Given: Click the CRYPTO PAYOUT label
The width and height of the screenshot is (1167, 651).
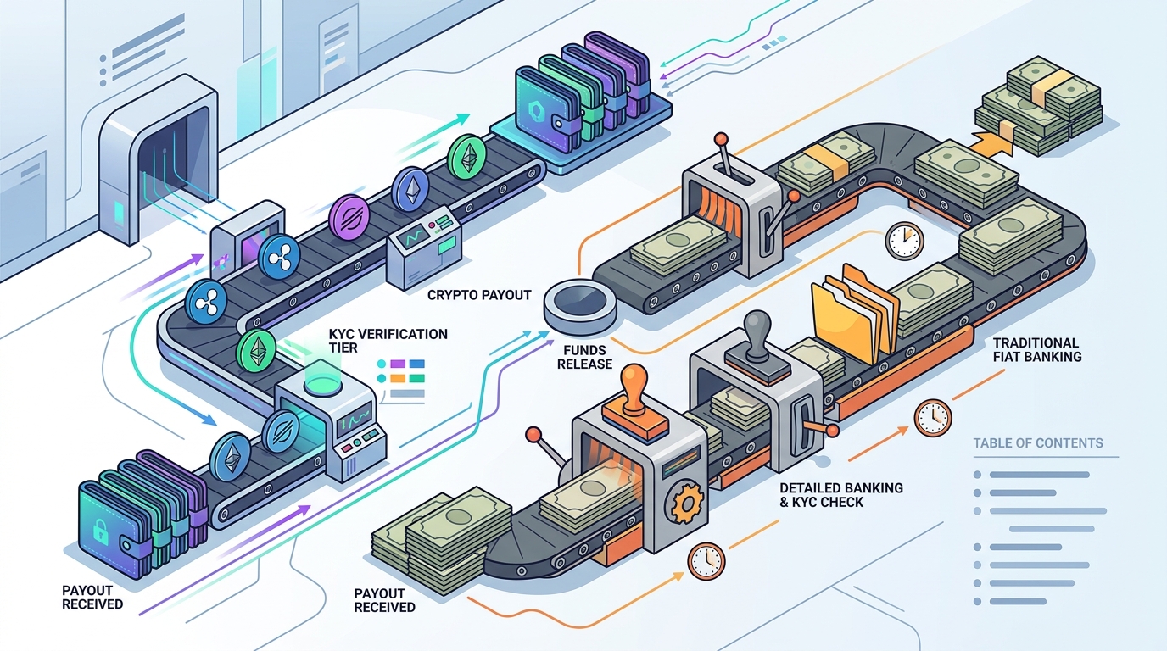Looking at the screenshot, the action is click(479, 295).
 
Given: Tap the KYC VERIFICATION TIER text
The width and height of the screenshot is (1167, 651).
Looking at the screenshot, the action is click(388, 341).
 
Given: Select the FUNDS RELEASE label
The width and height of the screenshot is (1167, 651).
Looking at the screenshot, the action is click(584, 357).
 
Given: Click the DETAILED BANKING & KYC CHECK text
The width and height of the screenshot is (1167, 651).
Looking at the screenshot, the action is click(840, 495).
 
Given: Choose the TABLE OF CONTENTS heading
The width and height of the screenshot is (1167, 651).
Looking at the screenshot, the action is click(1038, 443).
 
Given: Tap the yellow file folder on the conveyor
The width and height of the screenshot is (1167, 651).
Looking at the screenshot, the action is click(854, 314).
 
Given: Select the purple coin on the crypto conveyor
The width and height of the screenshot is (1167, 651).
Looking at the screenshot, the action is click(349, 217).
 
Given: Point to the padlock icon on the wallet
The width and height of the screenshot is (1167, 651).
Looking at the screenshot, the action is click(99, 531).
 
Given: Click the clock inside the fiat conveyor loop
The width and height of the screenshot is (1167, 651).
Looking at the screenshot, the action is click(904, 241).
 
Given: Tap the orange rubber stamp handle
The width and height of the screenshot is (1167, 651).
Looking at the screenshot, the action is click(634, 387).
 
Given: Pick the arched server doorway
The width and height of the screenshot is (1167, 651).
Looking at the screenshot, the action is click(158, 156).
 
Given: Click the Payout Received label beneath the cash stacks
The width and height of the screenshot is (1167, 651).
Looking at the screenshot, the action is click(384, 600).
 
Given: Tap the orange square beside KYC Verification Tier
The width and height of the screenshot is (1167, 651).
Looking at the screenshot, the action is click(398, 379).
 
